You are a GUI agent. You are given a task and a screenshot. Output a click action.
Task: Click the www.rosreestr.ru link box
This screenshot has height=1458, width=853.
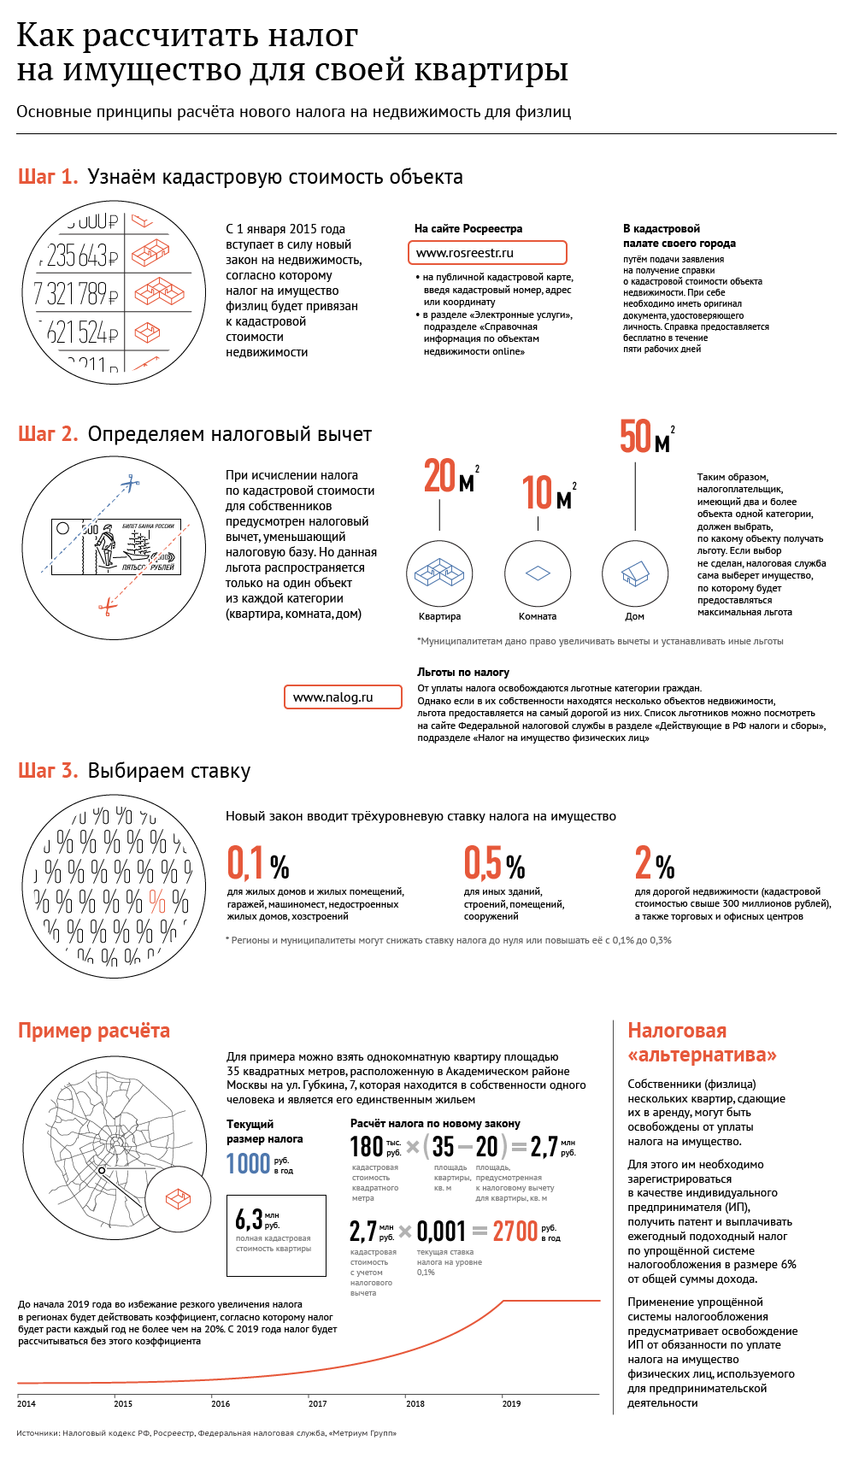[x=487, y=253]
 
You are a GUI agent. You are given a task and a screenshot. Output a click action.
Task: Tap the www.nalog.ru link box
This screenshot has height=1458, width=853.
[x=343, y=697]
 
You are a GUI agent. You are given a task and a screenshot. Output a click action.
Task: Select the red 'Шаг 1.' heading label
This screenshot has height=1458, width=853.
[x=48, y=177]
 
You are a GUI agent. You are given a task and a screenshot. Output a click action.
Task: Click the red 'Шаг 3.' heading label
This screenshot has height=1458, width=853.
[x=48, y=771]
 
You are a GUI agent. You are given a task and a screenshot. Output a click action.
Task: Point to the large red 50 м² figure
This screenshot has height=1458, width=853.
[x=645, y=437]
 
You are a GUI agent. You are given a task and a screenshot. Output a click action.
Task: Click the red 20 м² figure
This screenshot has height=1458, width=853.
[x=450, y=477]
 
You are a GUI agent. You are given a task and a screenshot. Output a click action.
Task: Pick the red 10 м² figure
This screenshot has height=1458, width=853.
[x=547, y=493]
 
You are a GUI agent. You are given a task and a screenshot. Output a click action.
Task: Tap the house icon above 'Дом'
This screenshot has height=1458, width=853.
[x=634, y=573]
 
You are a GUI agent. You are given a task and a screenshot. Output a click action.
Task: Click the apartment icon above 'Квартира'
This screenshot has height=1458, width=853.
[x=439, y=573]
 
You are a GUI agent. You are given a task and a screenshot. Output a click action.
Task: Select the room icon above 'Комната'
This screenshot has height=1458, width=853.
[x=538, y=573]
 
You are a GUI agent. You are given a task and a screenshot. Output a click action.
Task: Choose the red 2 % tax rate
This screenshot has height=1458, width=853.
[x=655, y=863]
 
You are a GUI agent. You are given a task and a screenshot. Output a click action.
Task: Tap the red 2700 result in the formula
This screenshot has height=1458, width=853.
[x=515, y=1232]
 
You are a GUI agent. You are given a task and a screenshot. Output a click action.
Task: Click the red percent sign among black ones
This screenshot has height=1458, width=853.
[x=157, y=900]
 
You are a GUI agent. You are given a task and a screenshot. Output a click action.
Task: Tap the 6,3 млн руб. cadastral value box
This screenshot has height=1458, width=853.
[x=276, y=1236]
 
